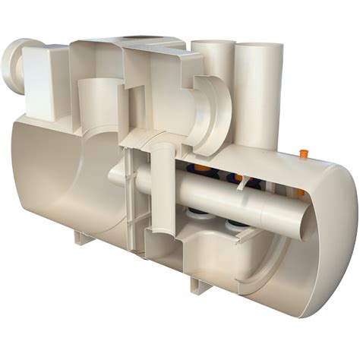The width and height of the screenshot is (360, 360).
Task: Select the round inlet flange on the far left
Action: point(16,69)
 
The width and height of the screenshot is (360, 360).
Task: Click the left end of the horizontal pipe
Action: point(114,176)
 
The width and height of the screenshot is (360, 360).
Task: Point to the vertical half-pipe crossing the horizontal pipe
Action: point(162,190)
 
